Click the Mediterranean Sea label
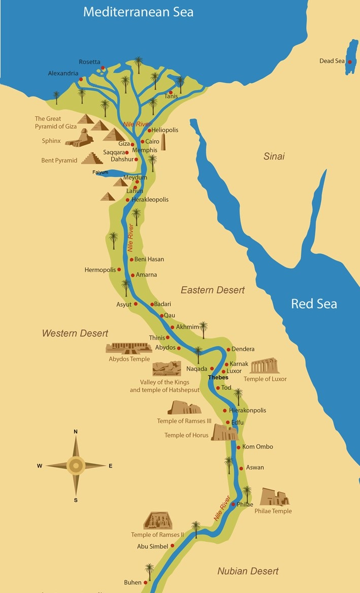point(138,12)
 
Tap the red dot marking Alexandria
point(81,79)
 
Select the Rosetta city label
point(89,62)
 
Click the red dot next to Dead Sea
point(349,61)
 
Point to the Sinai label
point(274,156)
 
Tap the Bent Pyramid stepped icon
point(92,158)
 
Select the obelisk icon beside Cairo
point(163,143)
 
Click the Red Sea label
point(314,304)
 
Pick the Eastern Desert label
point(213,290)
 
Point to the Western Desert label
point(75,333)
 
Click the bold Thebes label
point(218,378)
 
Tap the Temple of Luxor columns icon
point(265,366)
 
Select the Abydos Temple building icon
point(129,348)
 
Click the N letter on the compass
point(76,432)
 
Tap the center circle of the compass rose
point(76,465)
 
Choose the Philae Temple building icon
point(274,497)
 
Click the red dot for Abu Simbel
point(173,546)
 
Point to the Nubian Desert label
point(248,571)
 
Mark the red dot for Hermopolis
point(119,270)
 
